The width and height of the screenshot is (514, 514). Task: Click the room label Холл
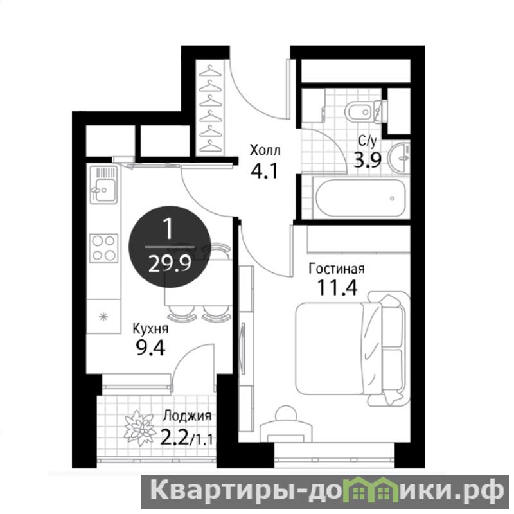[x=265, y=150]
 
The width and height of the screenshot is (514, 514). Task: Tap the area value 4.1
[x=264, y=171]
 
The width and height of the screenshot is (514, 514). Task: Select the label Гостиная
[x=337, y=269]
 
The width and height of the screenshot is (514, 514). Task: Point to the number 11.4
[x=337, y=288]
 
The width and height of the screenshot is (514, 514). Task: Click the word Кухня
[x=150, y=329]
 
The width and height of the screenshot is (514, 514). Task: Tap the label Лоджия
[x=187, y=416]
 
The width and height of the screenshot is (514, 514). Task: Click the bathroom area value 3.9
[x=367, y=160]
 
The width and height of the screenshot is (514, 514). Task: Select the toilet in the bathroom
[x=366, y=112]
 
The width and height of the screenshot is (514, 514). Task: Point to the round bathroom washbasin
[x=398, y=157]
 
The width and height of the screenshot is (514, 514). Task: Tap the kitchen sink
[x=103, y=185]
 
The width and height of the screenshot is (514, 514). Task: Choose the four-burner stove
[x=103, y=248]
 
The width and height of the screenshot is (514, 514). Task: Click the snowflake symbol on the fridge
[x=103, y=317]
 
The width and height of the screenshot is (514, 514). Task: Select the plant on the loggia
[x=139, y=428]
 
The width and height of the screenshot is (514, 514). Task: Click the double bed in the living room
[x=352, y=348]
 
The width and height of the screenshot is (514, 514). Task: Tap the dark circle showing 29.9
[x=170, y=247]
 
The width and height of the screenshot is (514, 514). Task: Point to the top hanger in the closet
[x=210, y=71]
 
